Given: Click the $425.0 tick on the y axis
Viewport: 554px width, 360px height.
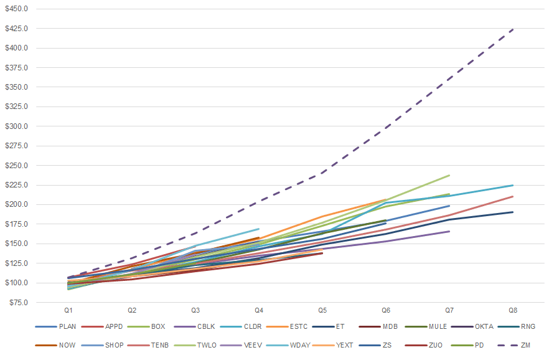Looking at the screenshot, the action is click(16, 28).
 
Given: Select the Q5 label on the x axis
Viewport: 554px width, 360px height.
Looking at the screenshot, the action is click(322, 310).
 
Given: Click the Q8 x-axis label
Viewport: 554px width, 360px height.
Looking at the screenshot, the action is click(513, 310).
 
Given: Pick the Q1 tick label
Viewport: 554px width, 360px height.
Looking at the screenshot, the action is click(68, 310).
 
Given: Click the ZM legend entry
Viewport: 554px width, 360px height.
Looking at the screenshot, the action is click(514, 345).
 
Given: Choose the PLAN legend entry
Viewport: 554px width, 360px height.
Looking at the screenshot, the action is click(56, 326).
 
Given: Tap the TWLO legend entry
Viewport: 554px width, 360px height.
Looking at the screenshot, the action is click(195, 345).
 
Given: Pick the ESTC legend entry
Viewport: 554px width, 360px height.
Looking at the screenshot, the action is click(287, 326).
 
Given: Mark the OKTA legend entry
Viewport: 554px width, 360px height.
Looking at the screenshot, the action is click(472, 326).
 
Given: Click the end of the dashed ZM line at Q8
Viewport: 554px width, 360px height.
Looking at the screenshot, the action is click(513, 29).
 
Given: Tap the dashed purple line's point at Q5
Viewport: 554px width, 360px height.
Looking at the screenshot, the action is click(322, 173).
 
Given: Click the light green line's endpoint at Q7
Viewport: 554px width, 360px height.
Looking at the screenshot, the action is click(449, 176).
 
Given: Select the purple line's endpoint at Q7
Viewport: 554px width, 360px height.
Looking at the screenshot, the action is click(449, 231).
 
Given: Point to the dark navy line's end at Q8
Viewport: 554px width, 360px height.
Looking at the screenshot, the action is click(513, 212).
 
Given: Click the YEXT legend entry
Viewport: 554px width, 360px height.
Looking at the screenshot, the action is click(333, 345).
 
